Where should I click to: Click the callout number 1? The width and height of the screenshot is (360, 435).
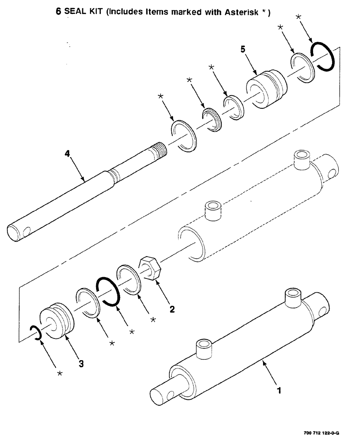(x=279, y=390)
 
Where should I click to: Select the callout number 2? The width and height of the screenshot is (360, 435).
(x=172, y=309)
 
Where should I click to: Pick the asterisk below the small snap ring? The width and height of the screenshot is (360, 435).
(x=60, y=374)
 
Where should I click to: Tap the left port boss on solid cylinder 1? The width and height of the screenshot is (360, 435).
(x=203, y=350)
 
